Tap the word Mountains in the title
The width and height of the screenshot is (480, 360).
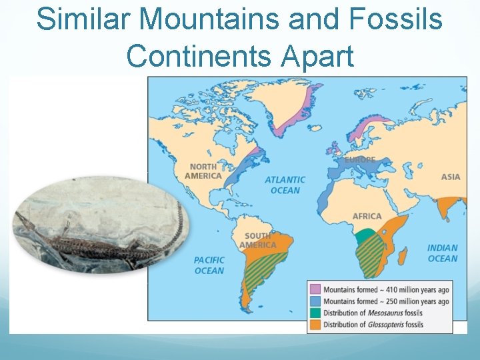tap(216, 19)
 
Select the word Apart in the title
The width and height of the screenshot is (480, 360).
tap(317, 57)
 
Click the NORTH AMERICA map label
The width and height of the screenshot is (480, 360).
tap(203, 171)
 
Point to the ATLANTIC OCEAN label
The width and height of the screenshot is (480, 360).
tap(285, 185)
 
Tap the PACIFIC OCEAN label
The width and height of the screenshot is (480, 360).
tap(209, 265)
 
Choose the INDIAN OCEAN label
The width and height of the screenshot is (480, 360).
tap(443, 253)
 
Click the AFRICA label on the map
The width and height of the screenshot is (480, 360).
tap(367, 216)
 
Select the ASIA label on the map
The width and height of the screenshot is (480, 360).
tap(451, 177)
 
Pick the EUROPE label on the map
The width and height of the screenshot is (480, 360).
tap(360, 160)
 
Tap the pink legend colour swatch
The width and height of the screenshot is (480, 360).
tap(315, 290)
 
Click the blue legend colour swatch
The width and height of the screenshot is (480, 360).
tap(315, 301)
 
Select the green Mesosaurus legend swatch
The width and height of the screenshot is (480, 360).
tap(315, 313)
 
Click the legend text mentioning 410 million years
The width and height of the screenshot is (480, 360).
tap(386, 290)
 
